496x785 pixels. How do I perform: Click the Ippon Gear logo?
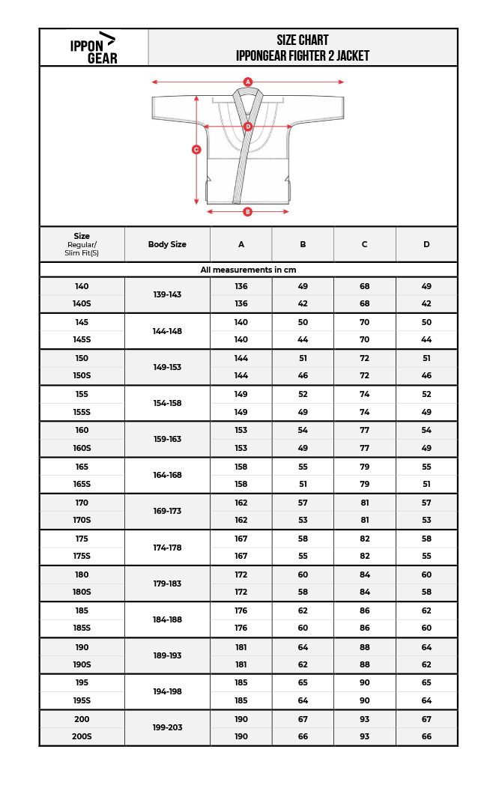coord(94,47)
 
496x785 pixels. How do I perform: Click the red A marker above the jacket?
coord(248,82)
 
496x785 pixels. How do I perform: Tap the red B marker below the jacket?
coord(248,212)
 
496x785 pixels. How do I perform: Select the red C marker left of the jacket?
coord(196,150)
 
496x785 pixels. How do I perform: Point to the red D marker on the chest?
coord(248,127)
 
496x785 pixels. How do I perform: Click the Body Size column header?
coord(167,244)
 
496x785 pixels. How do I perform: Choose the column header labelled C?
coord(364,244)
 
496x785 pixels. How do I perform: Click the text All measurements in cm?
coord(248,270)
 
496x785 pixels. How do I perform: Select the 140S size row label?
coord(82,303)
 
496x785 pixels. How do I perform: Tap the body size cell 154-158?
coord(167,403)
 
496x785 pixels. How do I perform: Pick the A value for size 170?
coord(241,503)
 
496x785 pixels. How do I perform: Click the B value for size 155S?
coord(303,412)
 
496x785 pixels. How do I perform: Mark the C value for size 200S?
coord(364,736)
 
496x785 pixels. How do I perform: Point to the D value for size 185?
coord(426,610)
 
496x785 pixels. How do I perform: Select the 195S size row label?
coord(82,700)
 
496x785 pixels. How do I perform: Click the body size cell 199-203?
coord(167,727)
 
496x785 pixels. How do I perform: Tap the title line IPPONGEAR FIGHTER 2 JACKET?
coord(303,56)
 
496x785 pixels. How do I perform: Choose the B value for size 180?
coord(303,575)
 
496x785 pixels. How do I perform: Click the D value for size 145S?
coord(426,339)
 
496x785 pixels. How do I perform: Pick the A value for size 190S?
coord(241,664)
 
